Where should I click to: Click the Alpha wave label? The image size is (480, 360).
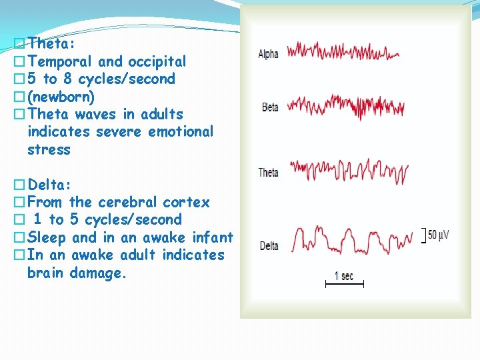(269, 55)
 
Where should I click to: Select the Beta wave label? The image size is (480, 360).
(270, 107)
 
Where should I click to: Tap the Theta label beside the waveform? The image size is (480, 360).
(269, 173)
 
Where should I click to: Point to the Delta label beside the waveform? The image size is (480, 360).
(269, 246)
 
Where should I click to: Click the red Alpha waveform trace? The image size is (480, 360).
(343, 51)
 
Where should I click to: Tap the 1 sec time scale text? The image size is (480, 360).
(344, 275)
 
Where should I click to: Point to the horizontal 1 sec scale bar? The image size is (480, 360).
(344, 285)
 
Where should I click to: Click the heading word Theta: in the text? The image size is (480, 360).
(52, 44)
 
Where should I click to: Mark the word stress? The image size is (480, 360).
(49, 149)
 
